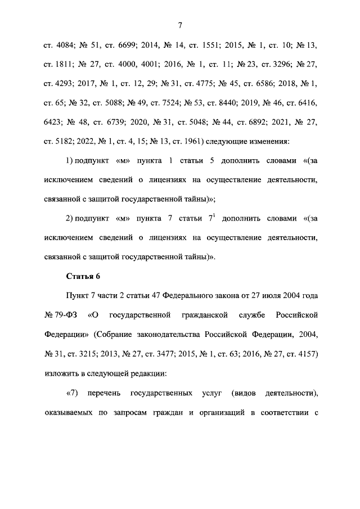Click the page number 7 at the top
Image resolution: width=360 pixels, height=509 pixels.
point(179,25)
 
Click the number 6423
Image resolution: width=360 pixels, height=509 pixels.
point(55,123)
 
